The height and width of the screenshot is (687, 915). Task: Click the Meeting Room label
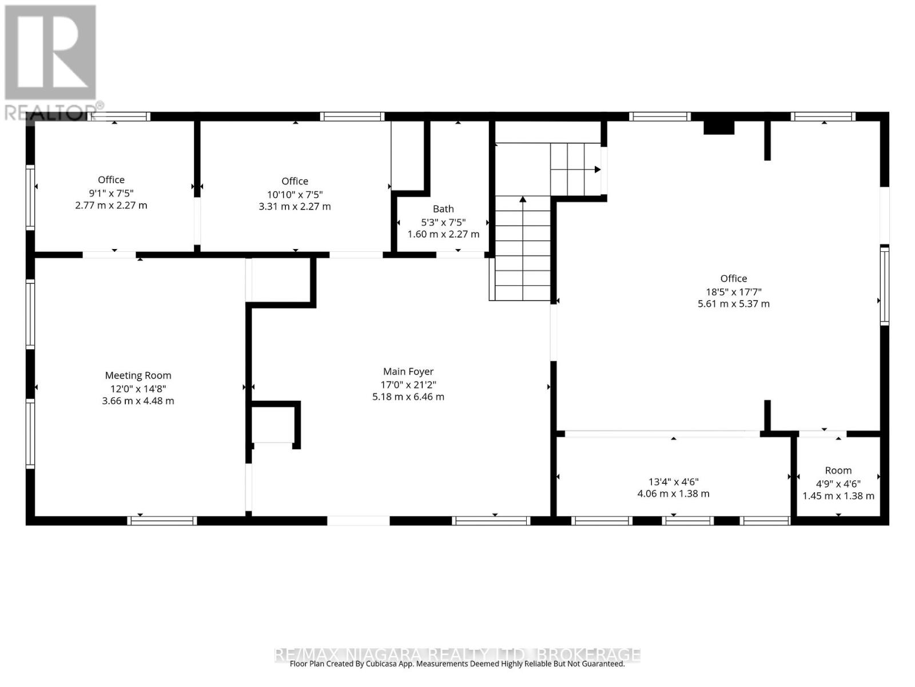[138, 376]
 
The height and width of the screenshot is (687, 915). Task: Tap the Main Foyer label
[408, 371]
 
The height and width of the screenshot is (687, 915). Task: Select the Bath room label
[443, 208]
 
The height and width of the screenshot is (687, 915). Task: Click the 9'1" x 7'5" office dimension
[112, 193]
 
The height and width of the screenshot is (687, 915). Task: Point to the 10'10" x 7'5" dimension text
[295, 195]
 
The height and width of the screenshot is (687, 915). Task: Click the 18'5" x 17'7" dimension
[734, 292]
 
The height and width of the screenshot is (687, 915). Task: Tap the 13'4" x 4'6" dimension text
[673, 482]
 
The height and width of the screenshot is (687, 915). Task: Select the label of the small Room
[838, 471]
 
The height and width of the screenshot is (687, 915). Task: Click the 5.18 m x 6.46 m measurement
[408, 397]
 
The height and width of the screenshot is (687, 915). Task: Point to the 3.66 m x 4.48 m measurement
[138, 401]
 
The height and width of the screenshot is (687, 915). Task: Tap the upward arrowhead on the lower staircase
[523, 199]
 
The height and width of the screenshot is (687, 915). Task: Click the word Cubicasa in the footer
[382, 664]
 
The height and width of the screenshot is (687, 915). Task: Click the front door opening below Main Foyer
[359, 520]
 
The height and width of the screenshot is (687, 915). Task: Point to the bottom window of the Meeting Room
[162, 520]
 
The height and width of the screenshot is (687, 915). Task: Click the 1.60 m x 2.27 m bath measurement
[443, 234]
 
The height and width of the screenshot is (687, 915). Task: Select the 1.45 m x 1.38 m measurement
[838, 496]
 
